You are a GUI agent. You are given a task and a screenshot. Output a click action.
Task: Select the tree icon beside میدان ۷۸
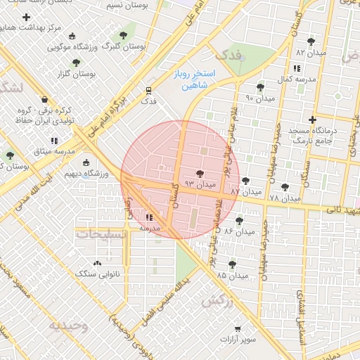click(x=284, y=188)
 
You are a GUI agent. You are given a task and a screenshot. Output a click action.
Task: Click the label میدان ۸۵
click(x=233, y=275)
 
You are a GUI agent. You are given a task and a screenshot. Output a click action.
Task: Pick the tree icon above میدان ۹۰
click(x=261, y=87)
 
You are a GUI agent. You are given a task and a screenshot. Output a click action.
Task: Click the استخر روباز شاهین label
click(x=195, y=79)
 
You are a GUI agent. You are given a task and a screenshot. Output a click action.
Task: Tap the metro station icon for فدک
click(x=148, y=90)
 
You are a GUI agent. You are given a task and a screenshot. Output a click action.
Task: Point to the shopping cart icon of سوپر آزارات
click(x=238, y=329)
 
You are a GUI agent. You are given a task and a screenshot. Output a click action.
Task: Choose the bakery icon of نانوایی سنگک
click(x=97, y=262)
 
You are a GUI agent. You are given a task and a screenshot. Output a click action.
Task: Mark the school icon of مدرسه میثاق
click(x=54, y=141)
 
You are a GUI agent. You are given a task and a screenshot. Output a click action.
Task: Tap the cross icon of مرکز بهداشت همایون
click(x=27, y=15)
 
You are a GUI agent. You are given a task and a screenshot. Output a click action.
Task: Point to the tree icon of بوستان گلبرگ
click(x=124, y=34)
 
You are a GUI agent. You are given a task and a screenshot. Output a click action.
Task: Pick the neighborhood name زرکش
click(x=216, y=301)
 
